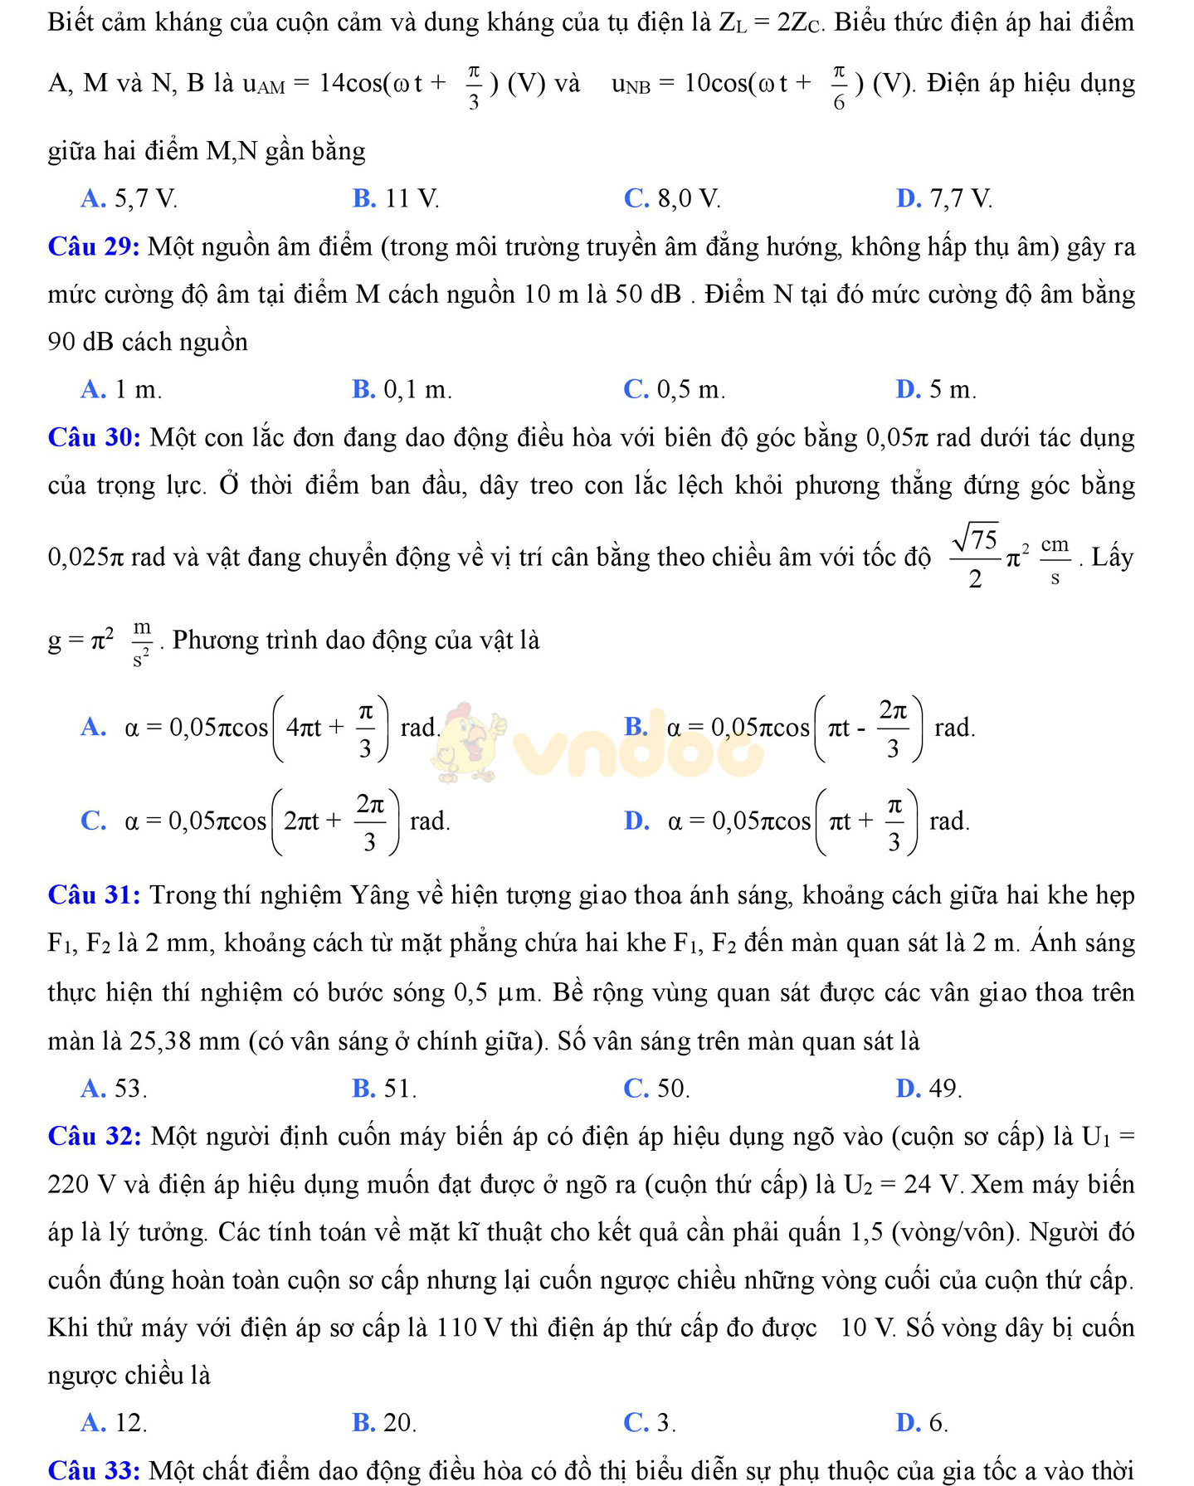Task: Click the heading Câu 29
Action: tap(93, 247)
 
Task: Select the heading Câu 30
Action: tap(94, 437)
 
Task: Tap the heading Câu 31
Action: tap(94, 895)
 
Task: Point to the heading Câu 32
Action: tap(94, 1136)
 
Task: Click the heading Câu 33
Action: tap(94, 1470)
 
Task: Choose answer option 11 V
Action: tap(396, 199)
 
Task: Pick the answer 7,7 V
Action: tap(944, 199)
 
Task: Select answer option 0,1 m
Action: tap(402, 389)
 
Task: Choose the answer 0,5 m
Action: tap(674, 389)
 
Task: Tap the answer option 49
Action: tap(929, 1089)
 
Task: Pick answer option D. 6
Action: tap(922, 1423)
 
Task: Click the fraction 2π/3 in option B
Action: tap(892, 728)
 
